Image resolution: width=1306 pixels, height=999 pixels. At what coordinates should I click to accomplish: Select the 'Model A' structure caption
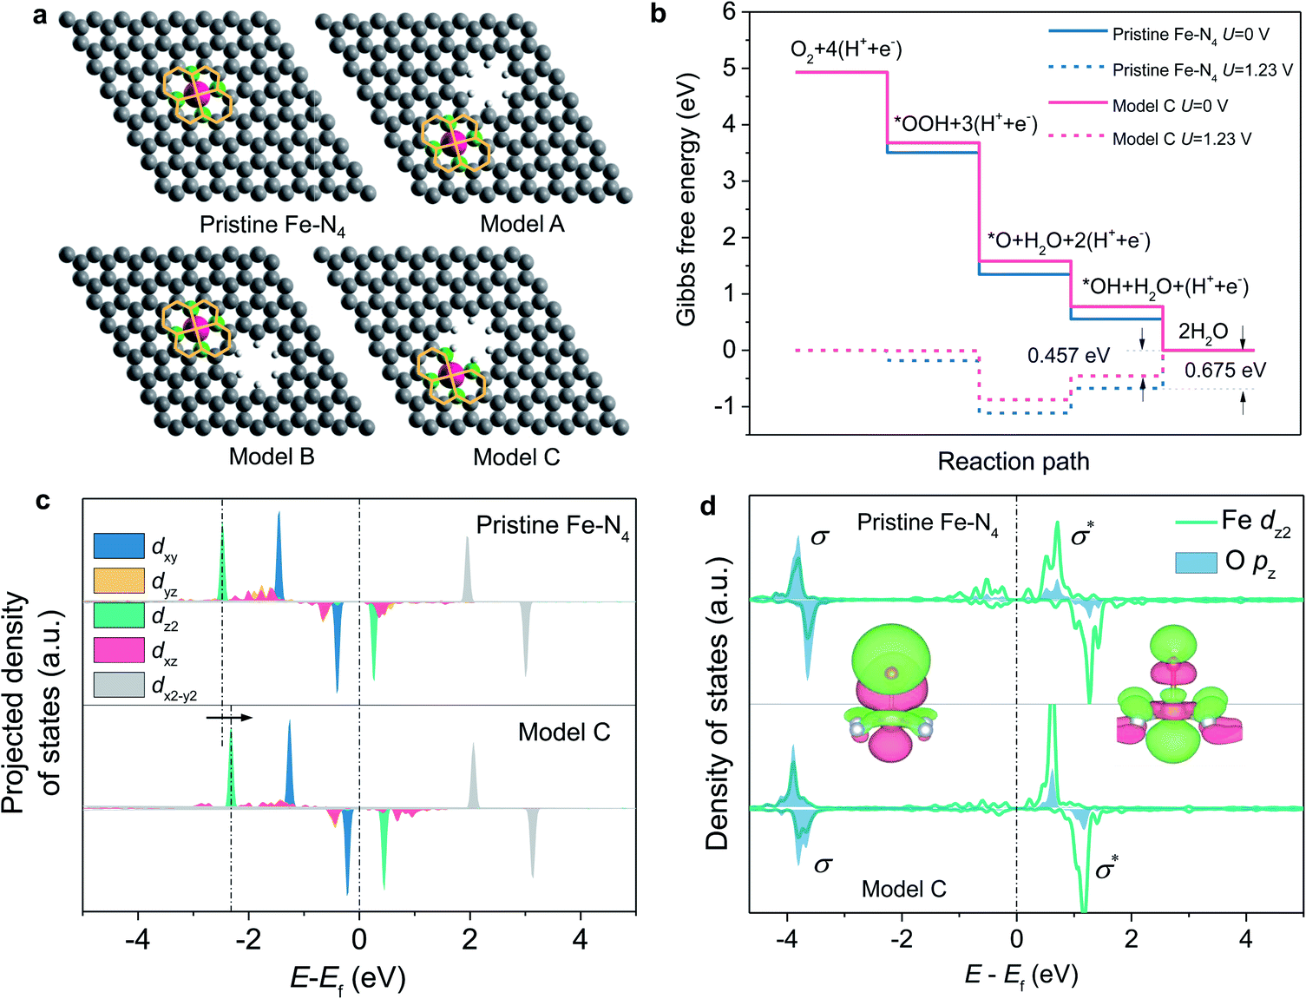[x=522, y=224]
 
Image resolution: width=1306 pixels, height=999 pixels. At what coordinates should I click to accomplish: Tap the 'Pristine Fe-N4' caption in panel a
[x=272, y=225]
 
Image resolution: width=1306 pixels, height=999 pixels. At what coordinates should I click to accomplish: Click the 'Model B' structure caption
[x=272, y=457]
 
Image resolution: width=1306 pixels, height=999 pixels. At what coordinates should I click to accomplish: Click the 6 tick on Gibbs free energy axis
[x=729, y=11]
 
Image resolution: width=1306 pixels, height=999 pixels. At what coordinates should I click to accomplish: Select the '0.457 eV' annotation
[x=1067, y=356]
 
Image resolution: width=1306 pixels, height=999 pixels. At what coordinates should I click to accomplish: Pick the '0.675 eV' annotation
[x=1224, y=371]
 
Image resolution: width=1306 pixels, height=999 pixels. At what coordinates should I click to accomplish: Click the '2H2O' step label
[x=1203, y=332]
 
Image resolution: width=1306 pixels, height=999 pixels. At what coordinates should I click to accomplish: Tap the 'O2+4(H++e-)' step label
[x=846, y=50]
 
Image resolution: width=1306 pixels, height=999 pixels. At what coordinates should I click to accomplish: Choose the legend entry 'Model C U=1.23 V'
[x=1181, y=139]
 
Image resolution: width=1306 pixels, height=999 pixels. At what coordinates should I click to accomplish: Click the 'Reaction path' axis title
[x=1013, y=461]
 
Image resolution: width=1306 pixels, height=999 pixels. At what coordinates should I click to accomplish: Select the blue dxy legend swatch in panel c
[x=119, y=545]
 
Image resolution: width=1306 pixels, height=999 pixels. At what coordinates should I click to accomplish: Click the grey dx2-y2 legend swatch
[x=119, y=685]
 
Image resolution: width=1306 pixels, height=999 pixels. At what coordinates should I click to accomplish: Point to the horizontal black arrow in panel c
[x=229, y=718]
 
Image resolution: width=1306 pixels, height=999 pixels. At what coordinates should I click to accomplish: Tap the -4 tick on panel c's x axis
[x=137, y=939]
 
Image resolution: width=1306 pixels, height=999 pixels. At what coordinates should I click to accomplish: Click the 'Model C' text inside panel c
[x=564, y=733]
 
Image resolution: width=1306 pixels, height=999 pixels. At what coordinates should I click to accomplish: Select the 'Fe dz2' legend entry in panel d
[x=1255, y=522]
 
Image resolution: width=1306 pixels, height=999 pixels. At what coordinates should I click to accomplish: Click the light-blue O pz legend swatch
[x=1196, y=562]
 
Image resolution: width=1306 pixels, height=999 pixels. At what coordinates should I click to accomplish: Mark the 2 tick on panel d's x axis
[x=1131, y=939]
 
